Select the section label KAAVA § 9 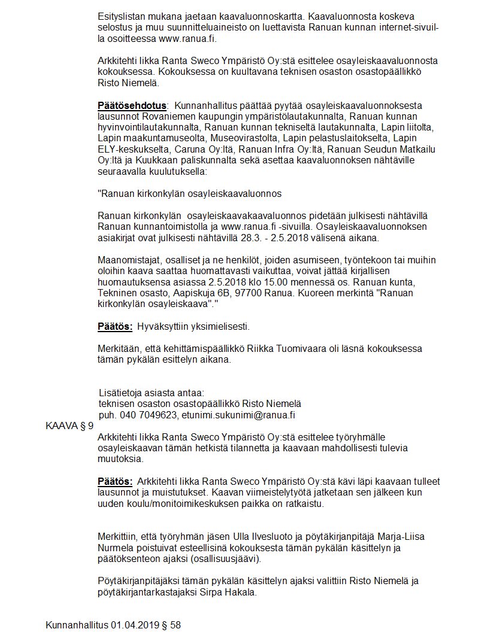(70, 426)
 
